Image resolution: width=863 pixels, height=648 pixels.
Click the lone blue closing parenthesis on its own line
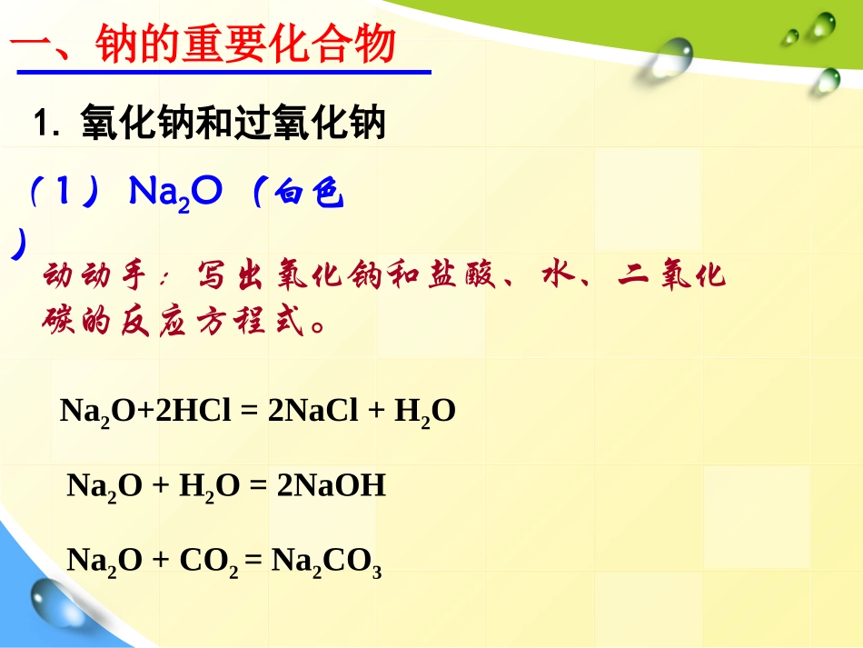[x=17, y=245]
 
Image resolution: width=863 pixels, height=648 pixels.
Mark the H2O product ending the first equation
[x=424, y=413]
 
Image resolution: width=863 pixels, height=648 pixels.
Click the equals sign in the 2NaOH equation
[x=258, y=486]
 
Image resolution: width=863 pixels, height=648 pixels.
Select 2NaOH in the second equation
[x=331, y=486]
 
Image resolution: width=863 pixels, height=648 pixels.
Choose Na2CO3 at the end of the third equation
[x=327, y=562]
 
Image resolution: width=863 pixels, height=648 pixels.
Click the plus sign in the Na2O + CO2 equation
[x=161, y=561]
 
